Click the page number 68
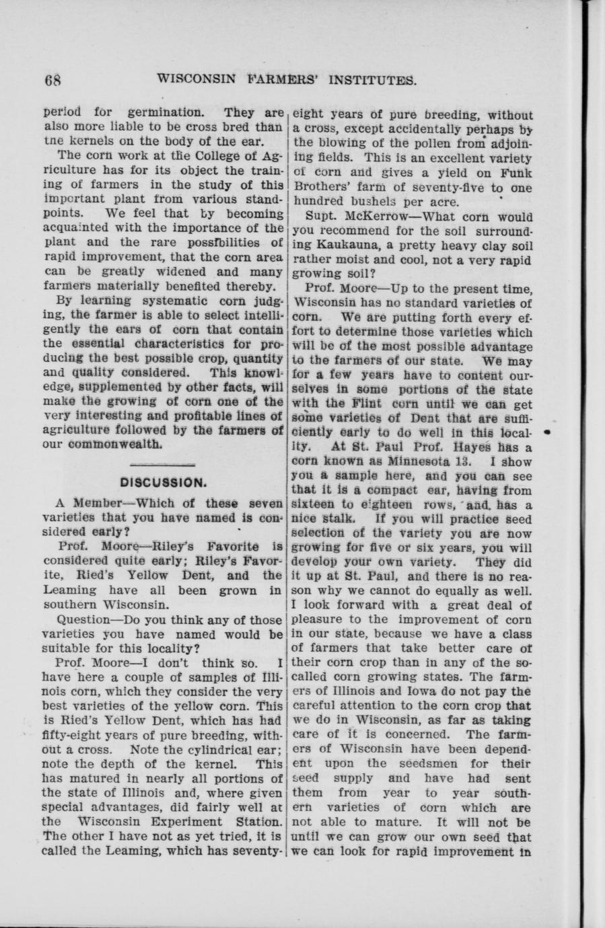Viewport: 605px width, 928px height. point(52,80)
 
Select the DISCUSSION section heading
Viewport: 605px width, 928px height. point(163,482)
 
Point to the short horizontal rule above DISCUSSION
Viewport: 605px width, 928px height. point(162,465)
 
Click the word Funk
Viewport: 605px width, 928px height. point(514,173)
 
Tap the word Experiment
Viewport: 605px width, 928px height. point(195,822)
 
